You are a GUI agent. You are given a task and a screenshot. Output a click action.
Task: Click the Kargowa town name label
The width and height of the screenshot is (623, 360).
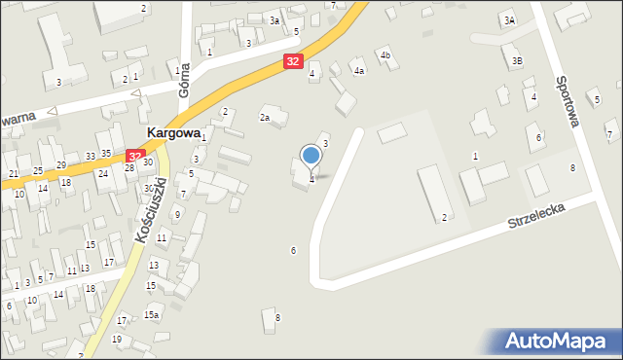tap(173, 131)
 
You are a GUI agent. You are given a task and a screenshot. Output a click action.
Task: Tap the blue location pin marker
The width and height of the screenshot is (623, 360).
tap(311, 156)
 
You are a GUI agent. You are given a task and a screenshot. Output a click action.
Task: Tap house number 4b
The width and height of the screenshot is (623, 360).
tap(385, 55)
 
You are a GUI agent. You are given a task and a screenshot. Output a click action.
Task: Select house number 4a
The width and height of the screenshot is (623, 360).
tap(359, 71)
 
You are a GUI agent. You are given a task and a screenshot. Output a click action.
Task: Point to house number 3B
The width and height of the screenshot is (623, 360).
tap(518, 61)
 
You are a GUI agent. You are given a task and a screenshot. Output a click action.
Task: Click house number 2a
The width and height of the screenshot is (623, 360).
tap(264, 118)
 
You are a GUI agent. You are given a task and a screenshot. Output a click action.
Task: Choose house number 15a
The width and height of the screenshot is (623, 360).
tap(152, 314)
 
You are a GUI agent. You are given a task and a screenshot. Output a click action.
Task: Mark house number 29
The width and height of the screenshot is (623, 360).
tap(61, 165)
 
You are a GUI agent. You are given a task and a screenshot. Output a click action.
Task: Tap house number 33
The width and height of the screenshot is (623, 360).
tap(91, 156)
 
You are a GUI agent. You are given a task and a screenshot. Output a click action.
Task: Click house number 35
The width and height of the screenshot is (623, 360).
tap(106, 154)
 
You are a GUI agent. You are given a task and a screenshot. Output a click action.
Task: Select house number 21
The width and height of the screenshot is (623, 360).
tap(14, 173)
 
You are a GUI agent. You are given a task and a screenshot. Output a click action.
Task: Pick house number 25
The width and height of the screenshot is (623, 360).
tap(38, 171)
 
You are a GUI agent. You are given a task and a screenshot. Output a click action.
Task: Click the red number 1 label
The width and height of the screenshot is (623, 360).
tap(475, 157)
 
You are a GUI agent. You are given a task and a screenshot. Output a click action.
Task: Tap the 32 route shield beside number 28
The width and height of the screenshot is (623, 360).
tap(135, 155)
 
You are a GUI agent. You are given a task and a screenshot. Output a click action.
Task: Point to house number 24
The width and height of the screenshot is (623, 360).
tap(102, 173)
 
